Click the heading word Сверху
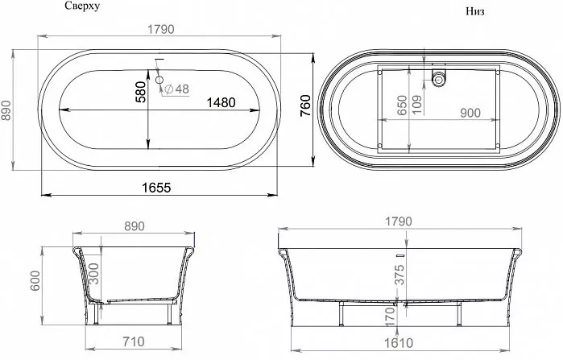(82, 6)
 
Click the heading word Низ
(475, 11)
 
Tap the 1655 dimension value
(156, 188)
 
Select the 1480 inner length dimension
(221, 102)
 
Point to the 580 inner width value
(141, 93)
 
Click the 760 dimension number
(305, 106)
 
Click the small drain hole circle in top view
(159, 80)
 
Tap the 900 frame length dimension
(470, 113)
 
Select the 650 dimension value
(402, 106)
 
